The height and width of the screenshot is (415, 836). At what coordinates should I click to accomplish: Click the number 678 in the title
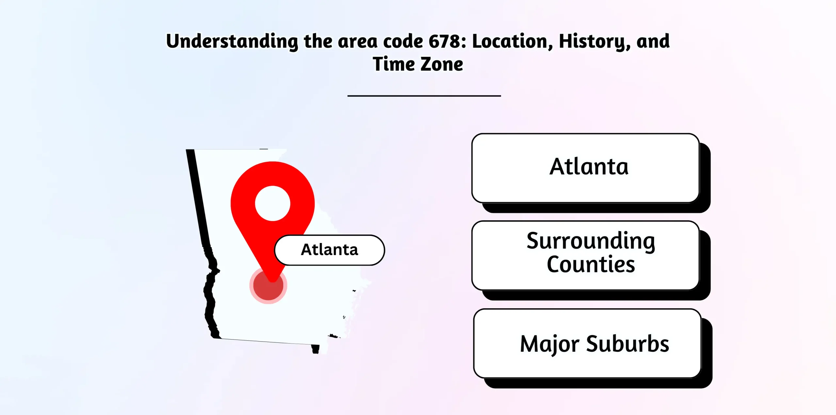pos(447,41)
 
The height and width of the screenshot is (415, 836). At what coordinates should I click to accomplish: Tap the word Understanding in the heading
pos(232,42)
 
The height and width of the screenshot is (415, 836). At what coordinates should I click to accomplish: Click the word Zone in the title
pos(442,64)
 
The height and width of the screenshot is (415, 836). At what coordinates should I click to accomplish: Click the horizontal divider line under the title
pos(424,96)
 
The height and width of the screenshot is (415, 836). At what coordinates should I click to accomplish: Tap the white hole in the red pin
pos(273,203)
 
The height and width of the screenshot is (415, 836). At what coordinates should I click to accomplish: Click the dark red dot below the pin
pos(268,286)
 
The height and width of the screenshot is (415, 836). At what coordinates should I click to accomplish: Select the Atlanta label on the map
pos(330,250)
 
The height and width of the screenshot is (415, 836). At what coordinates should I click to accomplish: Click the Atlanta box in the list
pos(586,168)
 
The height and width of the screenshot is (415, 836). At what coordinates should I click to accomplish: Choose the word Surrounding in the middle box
pos(591,241)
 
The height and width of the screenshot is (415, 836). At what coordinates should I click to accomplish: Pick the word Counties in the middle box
pos(591,264)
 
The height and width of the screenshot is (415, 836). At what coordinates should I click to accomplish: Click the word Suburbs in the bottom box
pos(628,344)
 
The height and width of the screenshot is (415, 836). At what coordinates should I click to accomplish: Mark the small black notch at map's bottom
pos(315,349)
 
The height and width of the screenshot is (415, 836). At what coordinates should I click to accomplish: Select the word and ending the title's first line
pos(653,42)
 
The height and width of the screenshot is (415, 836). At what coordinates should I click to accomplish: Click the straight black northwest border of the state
pos(198,197)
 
